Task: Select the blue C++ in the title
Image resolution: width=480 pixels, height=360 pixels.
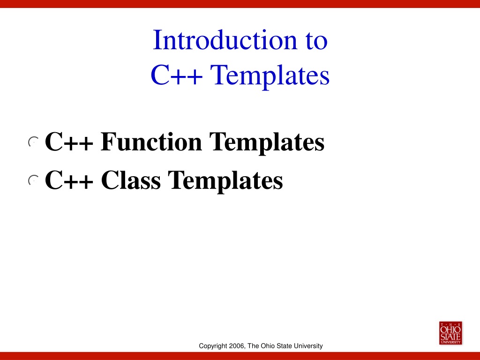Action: click(x=177, y=75)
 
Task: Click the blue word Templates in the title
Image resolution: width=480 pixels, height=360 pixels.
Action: click(x=270, y=76)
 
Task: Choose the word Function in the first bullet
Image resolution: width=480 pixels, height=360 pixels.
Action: click(x=151, y=142)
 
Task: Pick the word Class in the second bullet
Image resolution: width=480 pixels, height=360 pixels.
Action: click(x=131, y=180)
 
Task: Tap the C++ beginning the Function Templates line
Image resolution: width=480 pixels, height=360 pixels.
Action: click(x=69, y=142)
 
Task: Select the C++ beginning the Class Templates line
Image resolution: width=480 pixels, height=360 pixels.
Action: click(x=69, y=180)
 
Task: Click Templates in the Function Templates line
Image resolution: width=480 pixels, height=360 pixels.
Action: click(x=267, y=142)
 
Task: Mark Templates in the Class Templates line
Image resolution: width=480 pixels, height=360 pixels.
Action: click(x=225, y=181)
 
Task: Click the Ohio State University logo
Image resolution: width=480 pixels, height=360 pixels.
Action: click(x=450, y=333)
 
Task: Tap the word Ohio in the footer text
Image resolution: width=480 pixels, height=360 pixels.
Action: click(x=268, y=346)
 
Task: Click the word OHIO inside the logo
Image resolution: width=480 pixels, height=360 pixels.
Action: click(x=450, y=330)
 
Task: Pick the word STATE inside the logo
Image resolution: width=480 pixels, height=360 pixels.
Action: click(x=450, y=337)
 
